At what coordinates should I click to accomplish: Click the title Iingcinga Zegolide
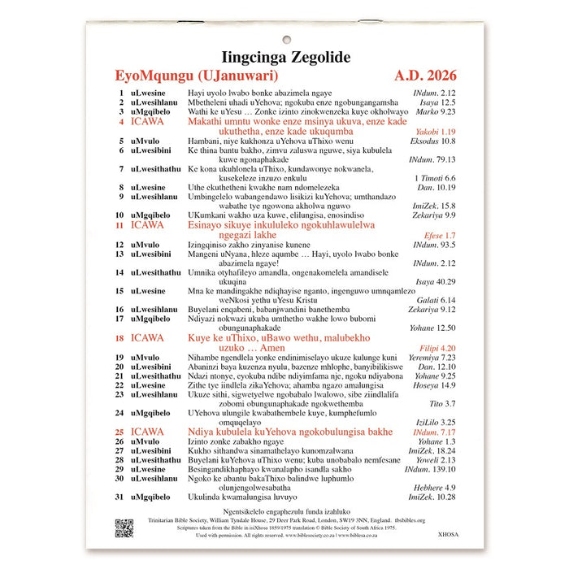click(x=287, y=57)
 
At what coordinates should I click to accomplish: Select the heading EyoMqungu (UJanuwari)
click(x=197, y=76)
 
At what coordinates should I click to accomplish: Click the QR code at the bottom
click(x=124, y=528)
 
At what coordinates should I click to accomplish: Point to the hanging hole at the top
click(x=287, y=38)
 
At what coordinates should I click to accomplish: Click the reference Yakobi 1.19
click(x=436, y=132)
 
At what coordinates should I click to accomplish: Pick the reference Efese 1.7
click(x=440, y=235)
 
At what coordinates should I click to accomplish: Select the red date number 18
click(x=119, y=337)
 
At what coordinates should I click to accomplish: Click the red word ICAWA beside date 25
click(x=147, y=432)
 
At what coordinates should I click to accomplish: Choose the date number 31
click(x=119, y=497)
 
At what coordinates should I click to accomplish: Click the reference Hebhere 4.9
click(x=438, y=487)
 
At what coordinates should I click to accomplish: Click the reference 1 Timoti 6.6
click(x=435, y=178)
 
